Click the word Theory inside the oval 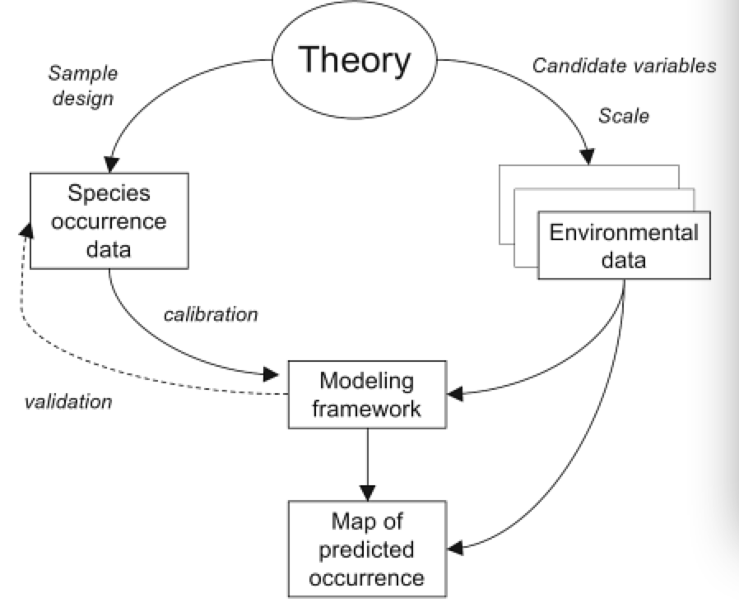(354, 61)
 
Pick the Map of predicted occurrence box (368, 549)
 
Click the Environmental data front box (623, 246)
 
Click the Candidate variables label (624, 67)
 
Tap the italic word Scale (623, 116)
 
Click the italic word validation (68, 402)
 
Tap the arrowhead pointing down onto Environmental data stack (588, 158)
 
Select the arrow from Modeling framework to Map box (369, 464)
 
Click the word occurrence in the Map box (368, 576)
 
